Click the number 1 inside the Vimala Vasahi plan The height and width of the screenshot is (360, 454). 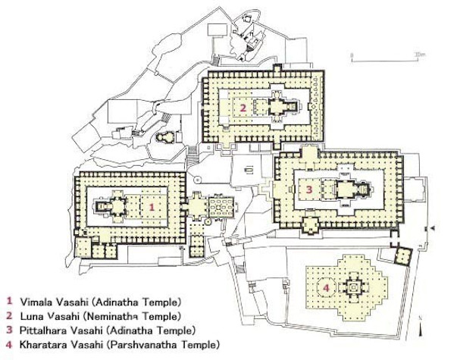point(152,207)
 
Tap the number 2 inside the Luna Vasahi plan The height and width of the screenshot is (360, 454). point(243,108)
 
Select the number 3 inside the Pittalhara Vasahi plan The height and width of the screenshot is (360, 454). point(309,189)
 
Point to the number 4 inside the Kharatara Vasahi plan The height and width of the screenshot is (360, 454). point(327,288)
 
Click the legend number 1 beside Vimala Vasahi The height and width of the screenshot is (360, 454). point(10,301)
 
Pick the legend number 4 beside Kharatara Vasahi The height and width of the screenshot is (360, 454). point(10,345)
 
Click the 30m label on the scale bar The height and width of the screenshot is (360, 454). point(419,54)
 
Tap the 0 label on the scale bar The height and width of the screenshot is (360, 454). point(352,55)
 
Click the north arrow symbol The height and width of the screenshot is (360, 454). point(421,327)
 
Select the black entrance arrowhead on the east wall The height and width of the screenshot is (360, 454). point(433,229)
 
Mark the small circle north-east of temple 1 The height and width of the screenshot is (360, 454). point(198,180)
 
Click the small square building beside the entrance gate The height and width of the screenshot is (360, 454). point(403,255)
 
